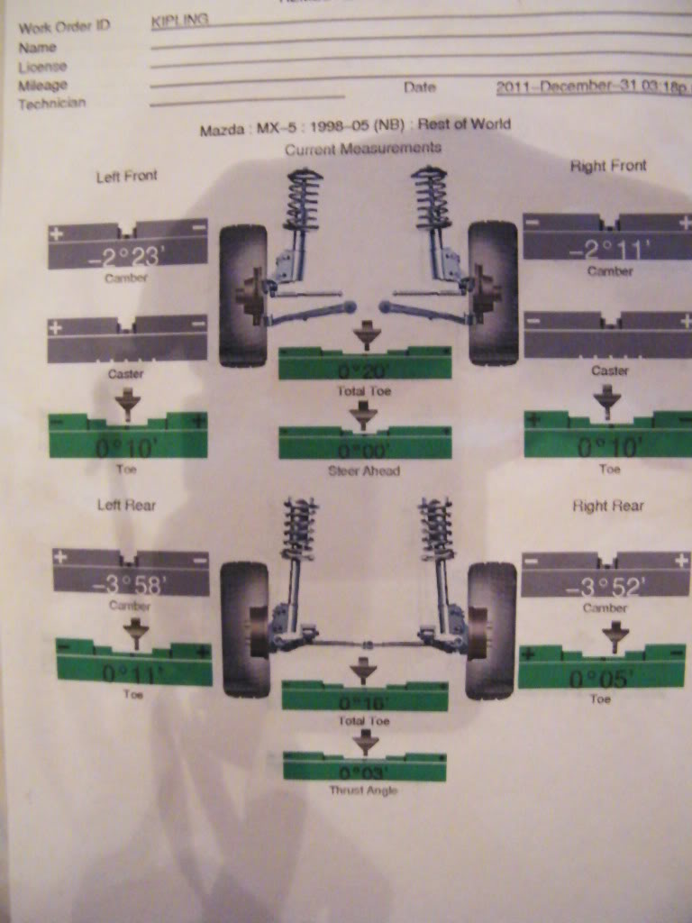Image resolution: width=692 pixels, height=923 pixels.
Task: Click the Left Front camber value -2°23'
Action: coord(127,256)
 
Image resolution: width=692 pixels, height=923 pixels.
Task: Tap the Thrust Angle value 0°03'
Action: coord(364,772)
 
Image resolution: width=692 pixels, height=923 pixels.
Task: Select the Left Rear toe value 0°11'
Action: coord(132,672)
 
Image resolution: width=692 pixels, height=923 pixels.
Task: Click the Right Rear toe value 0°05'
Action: coord(601,677)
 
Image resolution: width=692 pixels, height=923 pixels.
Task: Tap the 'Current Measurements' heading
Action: coord(363,148)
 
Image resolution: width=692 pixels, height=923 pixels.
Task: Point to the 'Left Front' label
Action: coord(126,176)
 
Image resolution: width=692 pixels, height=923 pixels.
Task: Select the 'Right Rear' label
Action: coord(608,506)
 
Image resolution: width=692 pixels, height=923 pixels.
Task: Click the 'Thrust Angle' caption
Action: coord(363,790)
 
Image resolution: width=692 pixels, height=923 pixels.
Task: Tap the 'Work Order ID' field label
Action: coord(64,26)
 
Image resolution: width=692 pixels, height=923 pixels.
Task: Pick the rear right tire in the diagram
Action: coord(490,630)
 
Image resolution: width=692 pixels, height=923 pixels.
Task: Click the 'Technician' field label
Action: coord(52,104)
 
